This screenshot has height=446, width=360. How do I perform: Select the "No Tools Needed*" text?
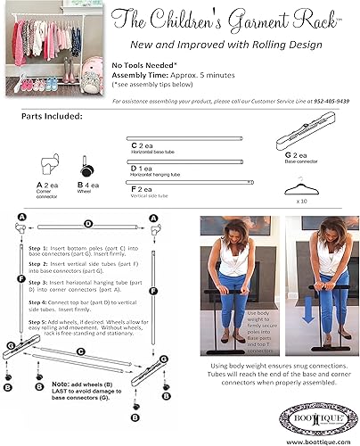pyautogui.click(x=143, y=65)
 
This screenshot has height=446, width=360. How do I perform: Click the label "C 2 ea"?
pyautogui.click(x=143, y=145)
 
